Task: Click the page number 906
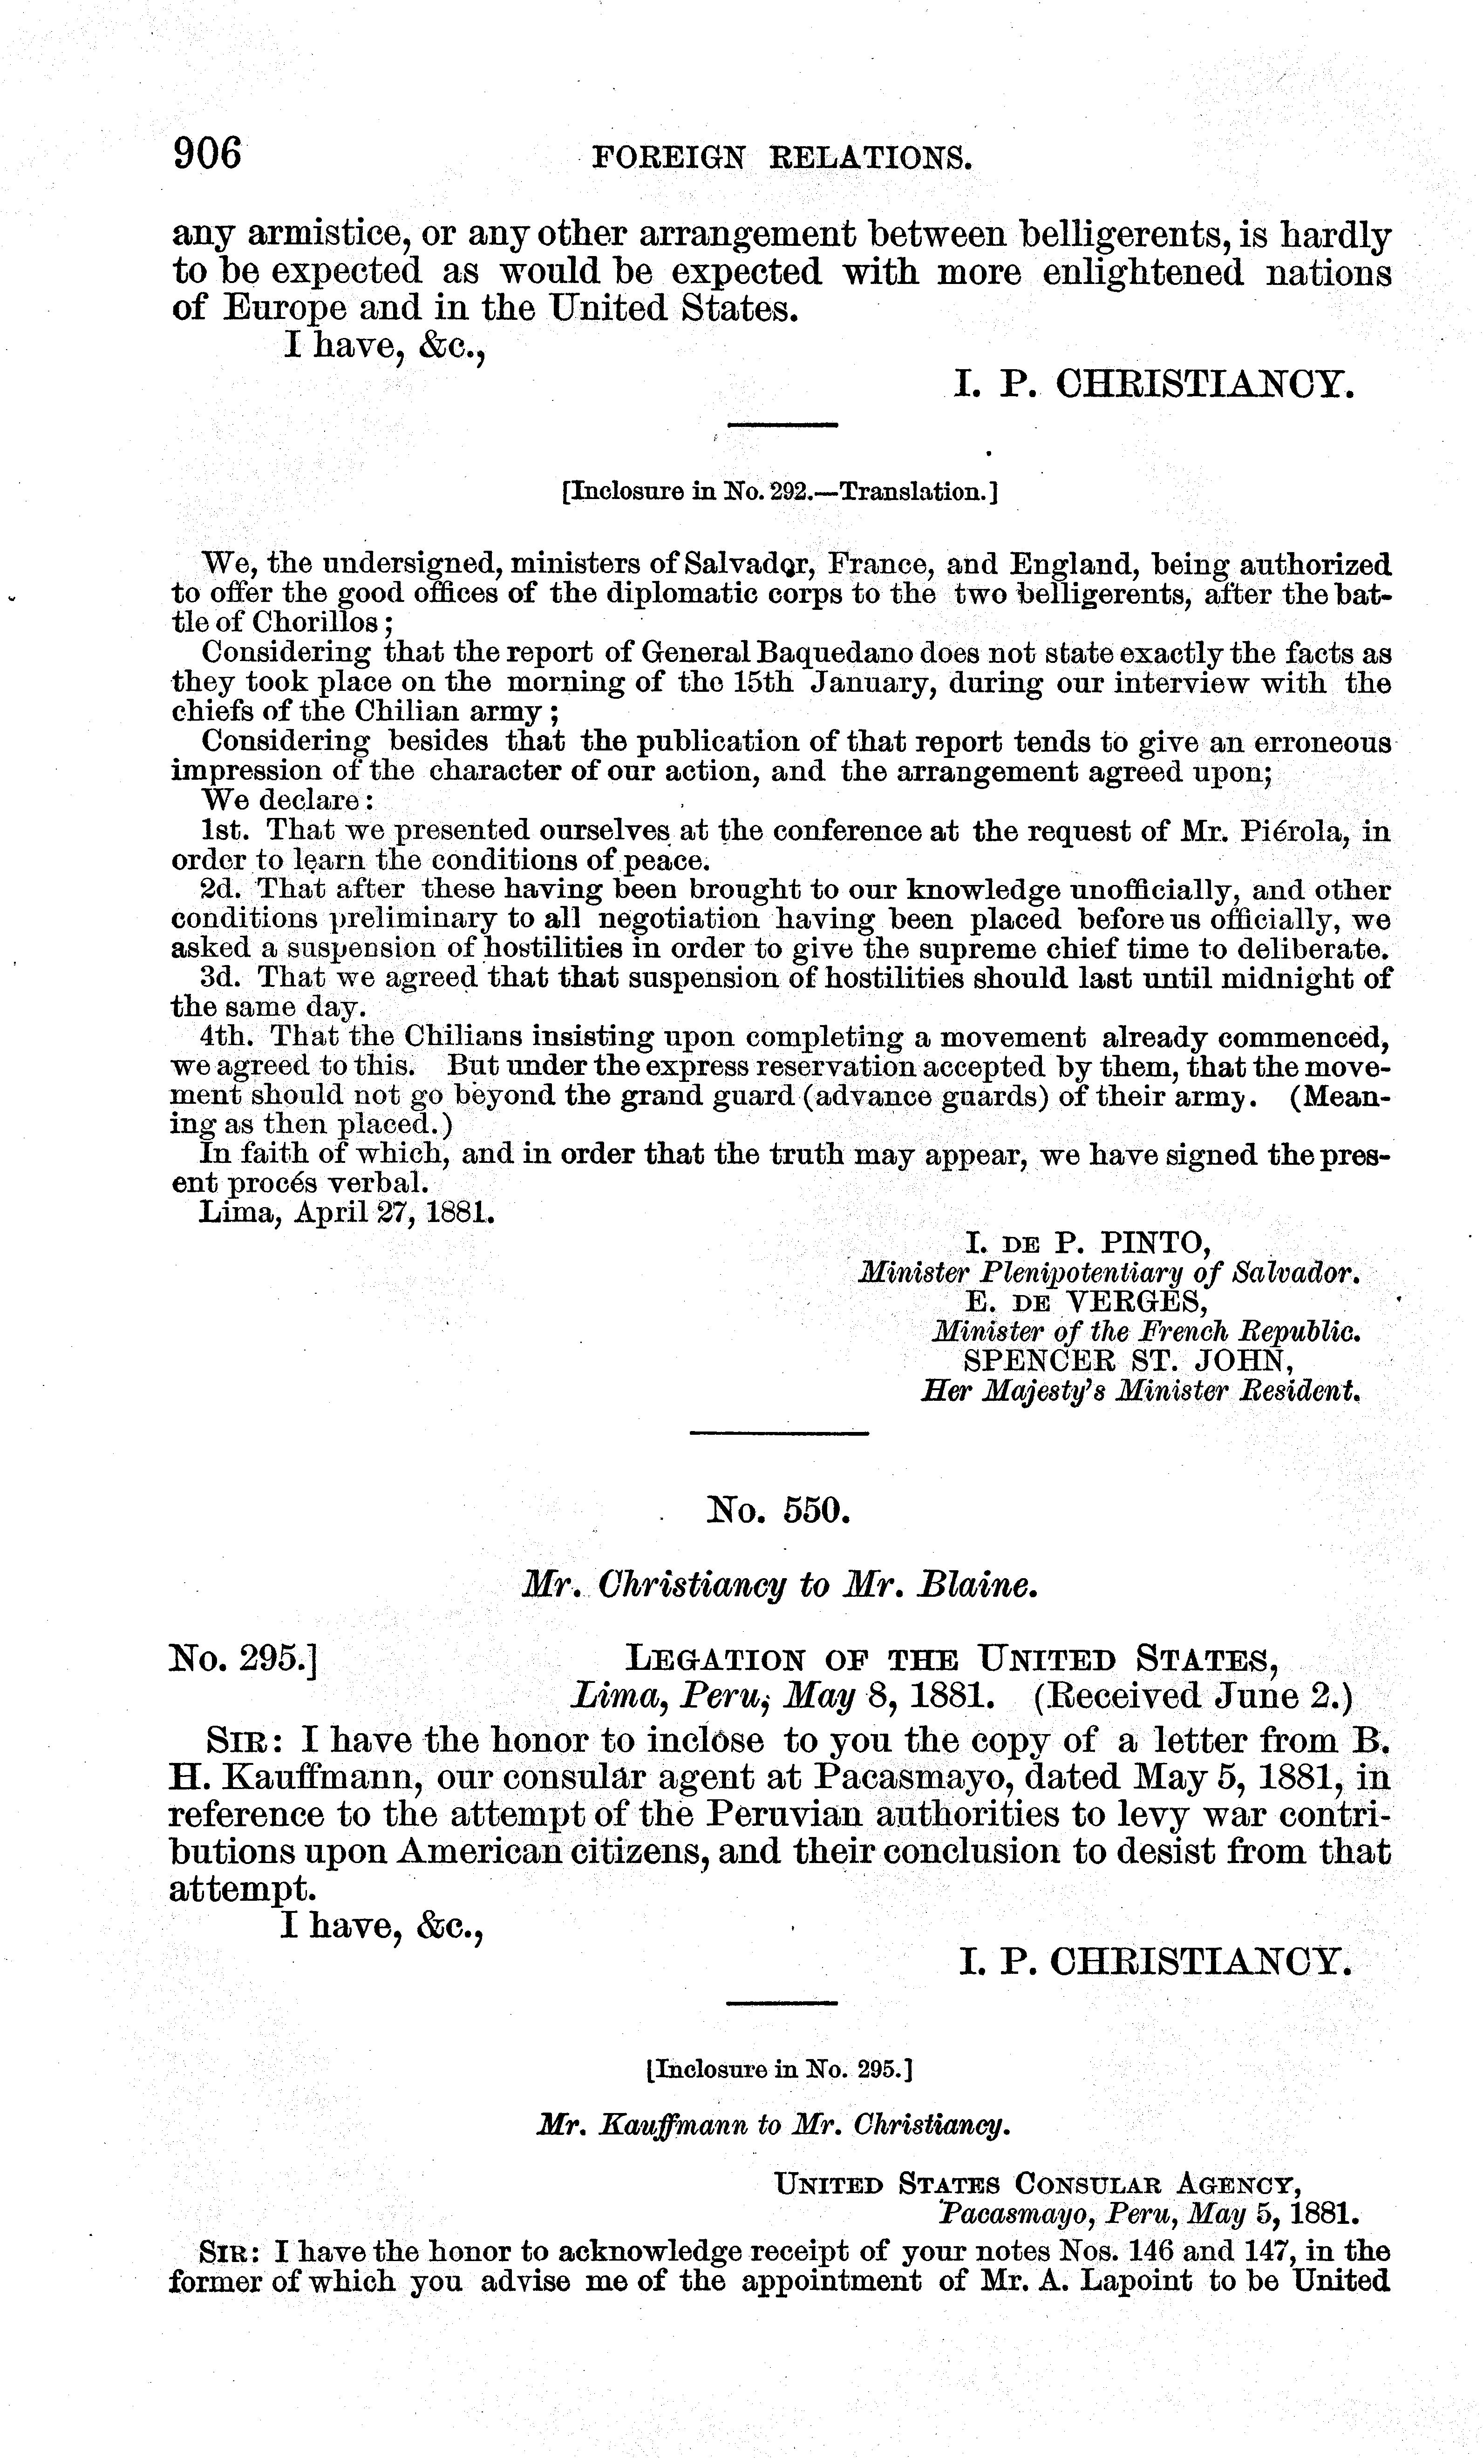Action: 208,155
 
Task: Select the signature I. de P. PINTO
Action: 1088,1242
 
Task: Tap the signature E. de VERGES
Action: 1086,1301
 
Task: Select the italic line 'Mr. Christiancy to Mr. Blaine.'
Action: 781,1586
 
